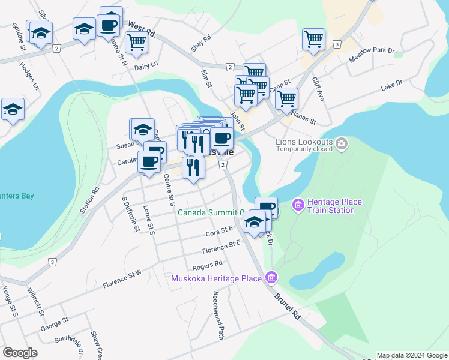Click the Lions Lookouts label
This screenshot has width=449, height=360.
coord(303,142)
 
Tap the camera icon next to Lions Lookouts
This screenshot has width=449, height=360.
coord(342,143)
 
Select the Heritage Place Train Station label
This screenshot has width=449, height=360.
coord(334,206)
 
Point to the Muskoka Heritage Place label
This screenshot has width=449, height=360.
coord(216,278)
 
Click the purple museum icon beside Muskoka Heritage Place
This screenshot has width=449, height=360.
coord(271,278)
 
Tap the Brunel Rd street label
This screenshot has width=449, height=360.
coord(288,306)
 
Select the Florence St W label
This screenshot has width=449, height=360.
coord(122,278)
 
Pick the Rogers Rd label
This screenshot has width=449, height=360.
coord(207,264)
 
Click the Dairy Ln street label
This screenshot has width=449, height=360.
coord(146,64)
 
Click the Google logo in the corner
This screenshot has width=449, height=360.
coord(20,353)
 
